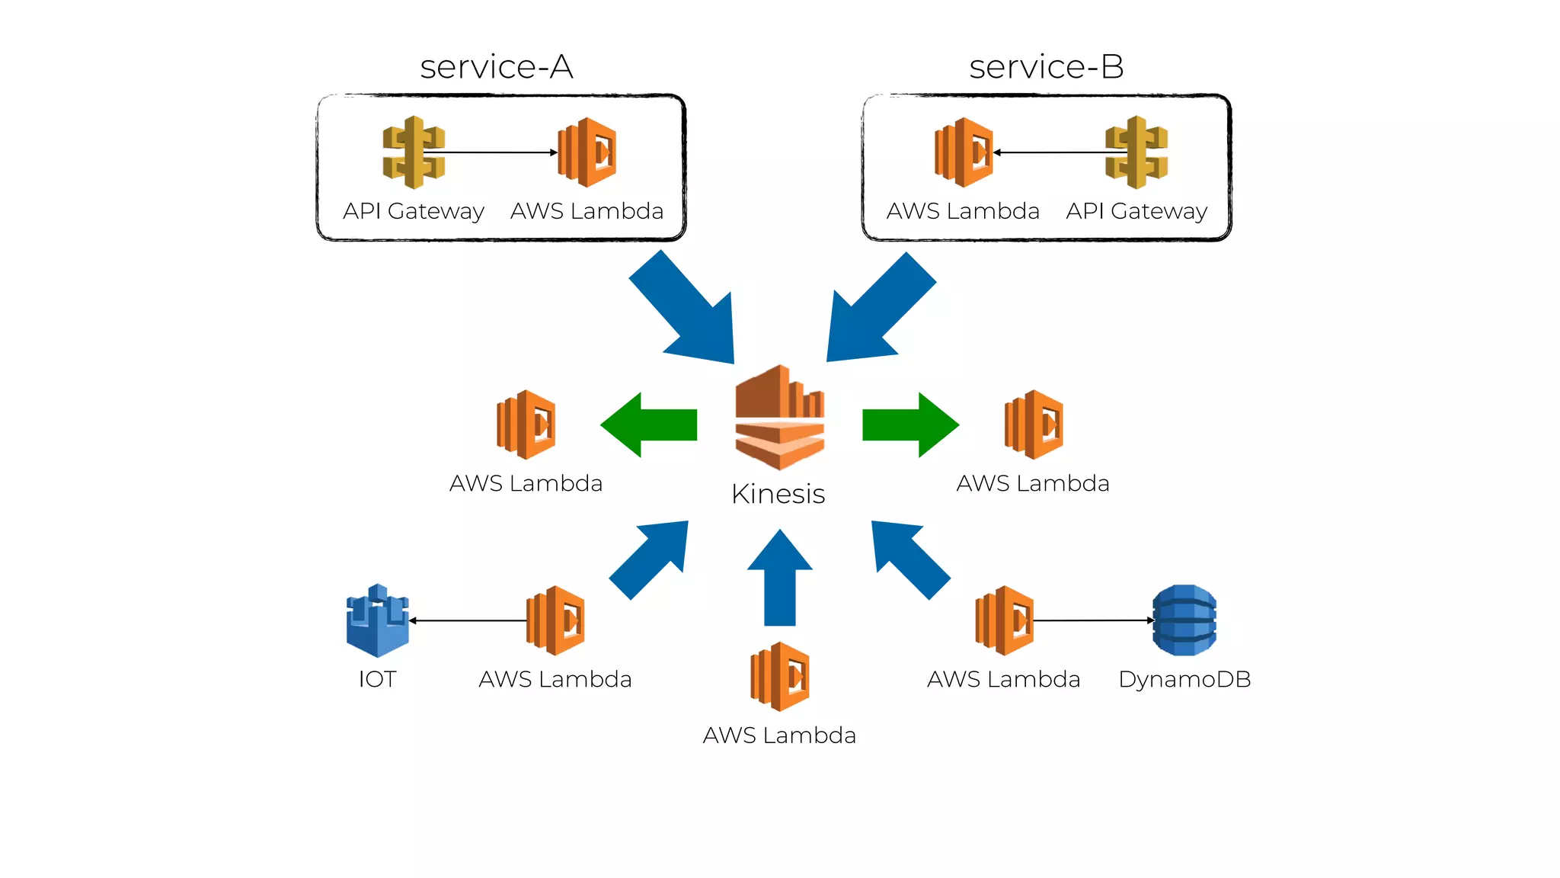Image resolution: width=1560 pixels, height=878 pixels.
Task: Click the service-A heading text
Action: click(x=497, y=67)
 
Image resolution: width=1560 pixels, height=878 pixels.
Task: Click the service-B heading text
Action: click(x=1046, y=67)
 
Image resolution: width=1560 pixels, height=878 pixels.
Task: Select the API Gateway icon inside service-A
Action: click(x=414, y=152)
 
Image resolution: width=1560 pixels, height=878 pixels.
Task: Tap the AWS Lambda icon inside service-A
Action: click(x=587, y=152)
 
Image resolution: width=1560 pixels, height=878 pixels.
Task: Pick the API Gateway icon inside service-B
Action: click(x=1136, y=152)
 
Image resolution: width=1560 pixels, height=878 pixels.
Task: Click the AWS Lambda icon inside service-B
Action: click(x=964, y=152)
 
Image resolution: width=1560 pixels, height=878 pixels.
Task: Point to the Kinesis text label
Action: click(x=778, y=494)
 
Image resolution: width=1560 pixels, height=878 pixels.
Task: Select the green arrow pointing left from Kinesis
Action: click(x=649, y=425)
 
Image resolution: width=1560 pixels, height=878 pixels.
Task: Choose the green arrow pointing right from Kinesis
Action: click(x=910, y=425)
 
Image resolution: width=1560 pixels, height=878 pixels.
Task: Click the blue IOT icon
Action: click(x=377, y=620)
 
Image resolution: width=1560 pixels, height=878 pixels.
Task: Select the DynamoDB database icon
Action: click(x=1184, y=620)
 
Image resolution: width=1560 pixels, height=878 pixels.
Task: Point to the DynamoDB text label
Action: click(x=1184, y=679)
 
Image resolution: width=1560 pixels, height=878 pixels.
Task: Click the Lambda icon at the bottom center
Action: click(x=779, y=677)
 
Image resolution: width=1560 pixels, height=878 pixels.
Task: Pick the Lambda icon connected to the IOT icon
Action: click(x=555, y=620)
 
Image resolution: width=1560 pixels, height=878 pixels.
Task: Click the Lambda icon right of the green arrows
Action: click(x=1034, y=425)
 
